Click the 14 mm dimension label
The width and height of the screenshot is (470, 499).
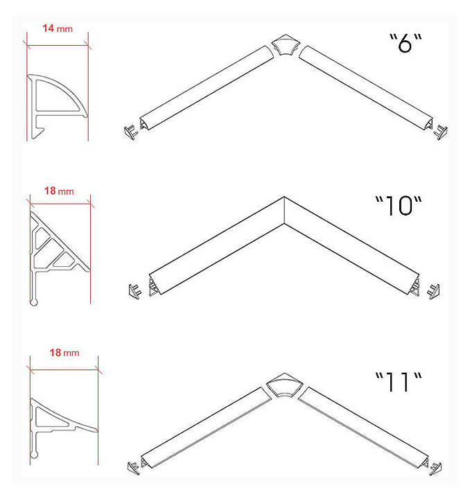[x=58, y=28]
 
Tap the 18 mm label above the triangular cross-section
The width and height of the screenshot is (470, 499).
[x=59, y=191]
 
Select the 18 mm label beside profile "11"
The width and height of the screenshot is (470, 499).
[x=64, y=353]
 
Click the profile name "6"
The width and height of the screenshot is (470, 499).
[x=406, y=43]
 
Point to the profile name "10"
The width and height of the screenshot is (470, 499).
[x=399, y=206]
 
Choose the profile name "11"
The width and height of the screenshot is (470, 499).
[x=399, y=381]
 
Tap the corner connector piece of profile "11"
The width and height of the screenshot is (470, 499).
[x=284, y=385]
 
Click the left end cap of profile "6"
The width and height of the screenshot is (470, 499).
[x=131, y=132]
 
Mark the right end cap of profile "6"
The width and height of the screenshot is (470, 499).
[x=441, y=132]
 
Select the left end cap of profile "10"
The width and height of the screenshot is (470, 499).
[x=135, y=291]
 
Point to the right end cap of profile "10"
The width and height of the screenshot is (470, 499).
[x=434, y=292]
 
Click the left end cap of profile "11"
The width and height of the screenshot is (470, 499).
[x=133, y=468]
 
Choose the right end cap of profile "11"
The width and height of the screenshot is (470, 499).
[x=435, y=469]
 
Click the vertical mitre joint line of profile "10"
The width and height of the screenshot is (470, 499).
[x=284, y=211]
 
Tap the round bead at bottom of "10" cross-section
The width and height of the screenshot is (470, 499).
[x=34, y=301]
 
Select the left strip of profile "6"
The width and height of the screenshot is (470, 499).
[x=207, y=87]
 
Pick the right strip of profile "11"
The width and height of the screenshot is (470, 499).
[x=363, y=427]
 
